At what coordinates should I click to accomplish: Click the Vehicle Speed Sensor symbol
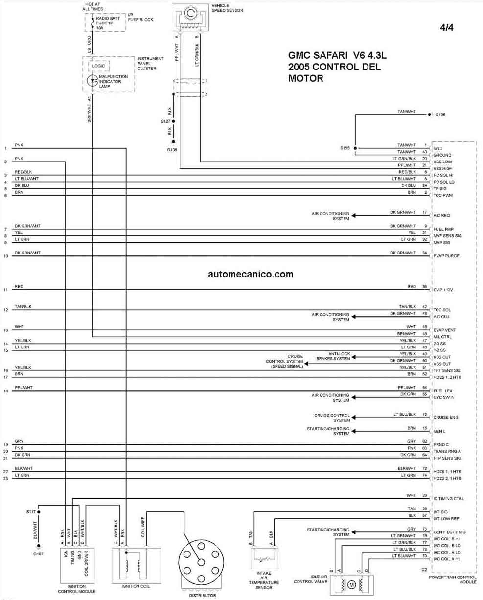[191, 17]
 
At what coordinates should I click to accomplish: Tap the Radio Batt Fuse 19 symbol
[93, 23]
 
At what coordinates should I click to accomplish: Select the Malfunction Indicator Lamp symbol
[92, 81]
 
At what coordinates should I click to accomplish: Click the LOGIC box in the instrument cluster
[98, 66]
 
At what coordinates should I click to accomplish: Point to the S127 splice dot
[173, 121]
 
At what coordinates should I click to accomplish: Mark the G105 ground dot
[430, 115]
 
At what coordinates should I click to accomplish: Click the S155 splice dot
[355, 148]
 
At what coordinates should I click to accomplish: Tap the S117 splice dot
[39, 512]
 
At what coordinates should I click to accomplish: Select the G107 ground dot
[39, 546]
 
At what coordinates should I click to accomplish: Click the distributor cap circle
[201, 562]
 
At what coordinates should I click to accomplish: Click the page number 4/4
[447, 27]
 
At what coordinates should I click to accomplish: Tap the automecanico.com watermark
[251, 274]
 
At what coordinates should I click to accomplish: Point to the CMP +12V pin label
[443, 290]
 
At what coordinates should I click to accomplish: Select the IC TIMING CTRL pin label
[449, 499]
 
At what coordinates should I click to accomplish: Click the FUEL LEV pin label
[443, 391]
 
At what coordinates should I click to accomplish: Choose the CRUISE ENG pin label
[446, 417]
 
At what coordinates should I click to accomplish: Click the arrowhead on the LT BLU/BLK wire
[354, 417]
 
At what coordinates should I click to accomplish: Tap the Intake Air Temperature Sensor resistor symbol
[264, 559]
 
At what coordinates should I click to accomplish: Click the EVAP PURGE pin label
[446, 256]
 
